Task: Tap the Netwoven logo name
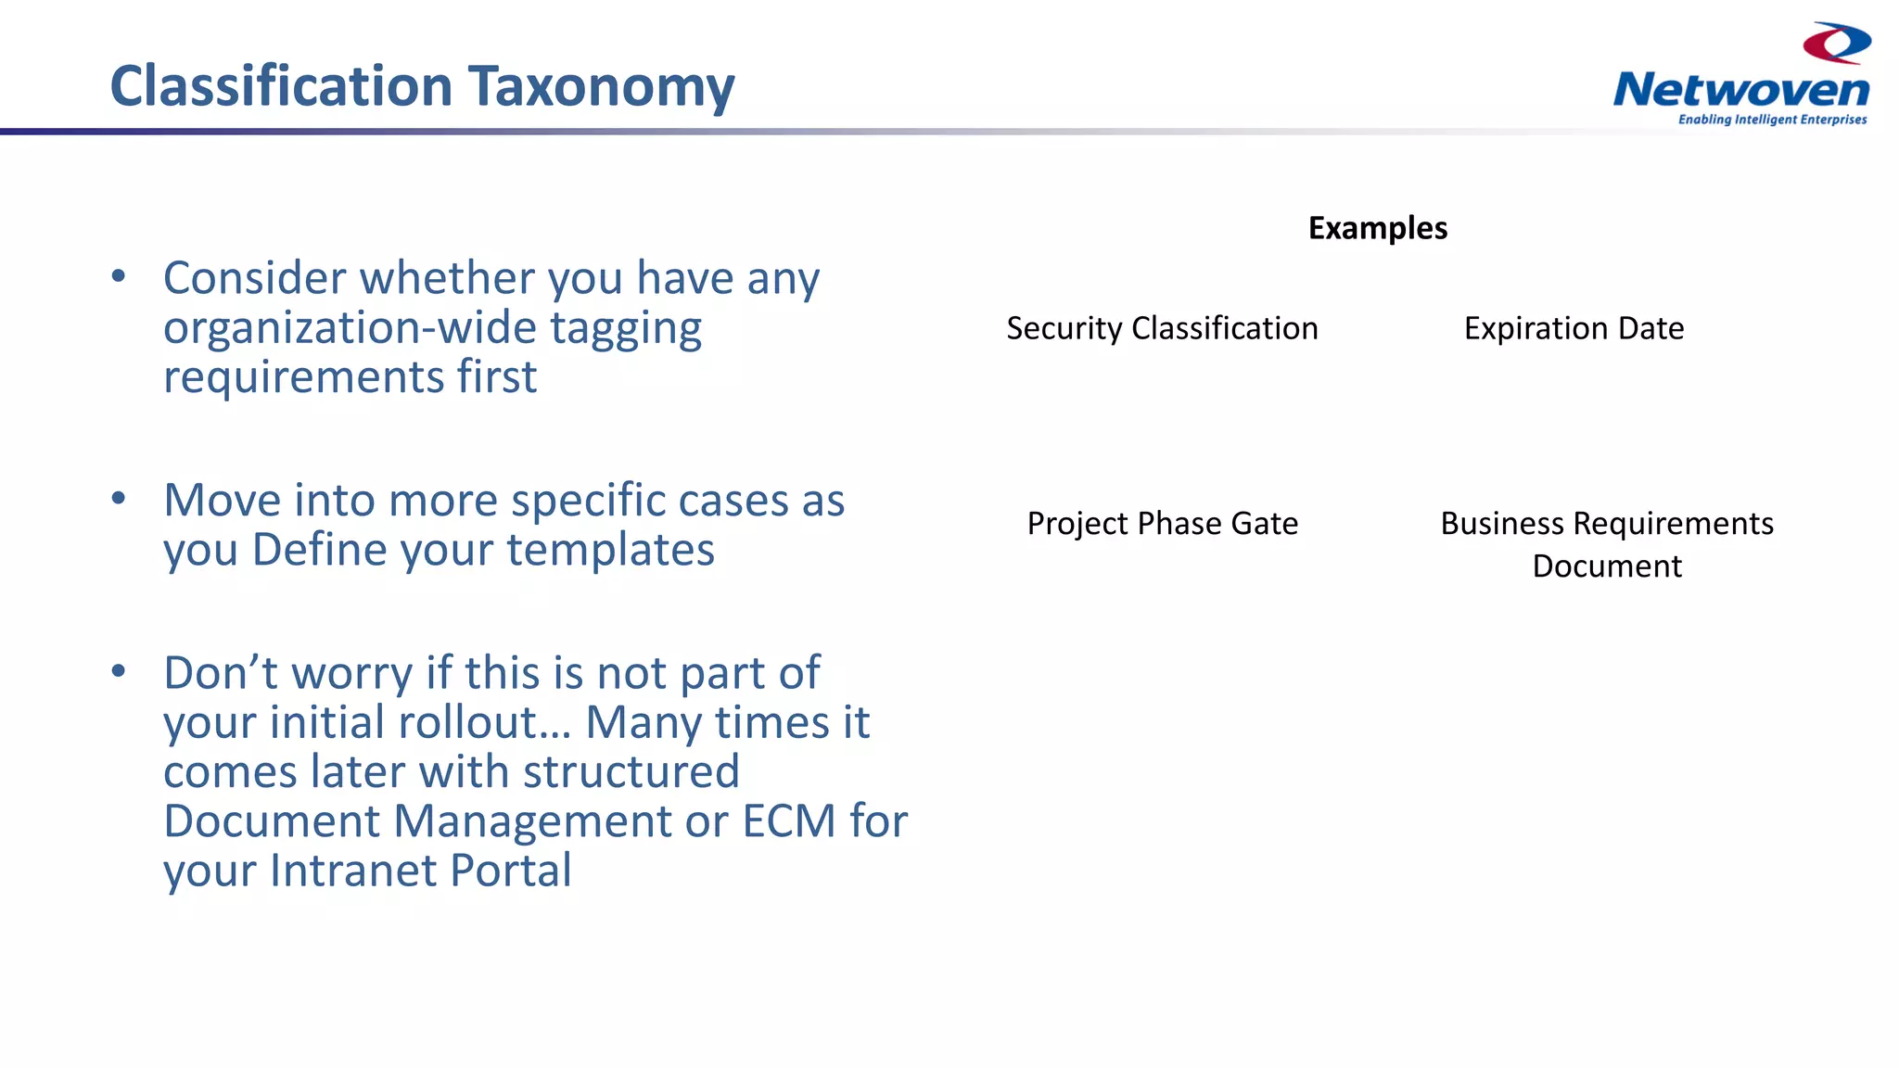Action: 1740,91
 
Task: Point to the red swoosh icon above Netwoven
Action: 1837,43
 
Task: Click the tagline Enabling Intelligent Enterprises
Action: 1772,120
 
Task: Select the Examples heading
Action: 1377,228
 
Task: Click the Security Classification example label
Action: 1162,328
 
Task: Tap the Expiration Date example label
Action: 1574,328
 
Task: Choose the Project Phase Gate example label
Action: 1162,524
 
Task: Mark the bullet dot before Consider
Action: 118,275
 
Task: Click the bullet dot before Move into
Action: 118,498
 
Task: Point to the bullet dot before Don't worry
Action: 118,670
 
